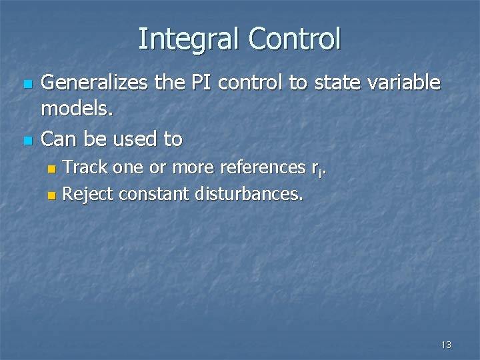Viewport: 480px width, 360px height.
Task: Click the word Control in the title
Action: click(x=295, y=39)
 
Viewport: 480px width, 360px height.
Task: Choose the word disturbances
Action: click(x=249, y=194)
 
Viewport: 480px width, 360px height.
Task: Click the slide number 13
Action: click(x=446, y=345)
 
